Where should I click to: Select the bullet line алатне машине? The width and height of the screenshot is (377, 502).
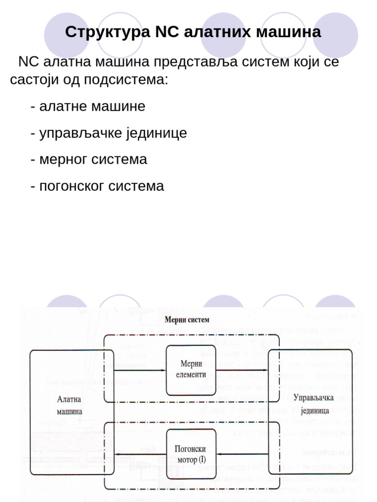(88, 106)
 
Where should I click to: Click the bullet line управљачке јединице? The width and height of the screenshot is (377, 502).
(108, 133)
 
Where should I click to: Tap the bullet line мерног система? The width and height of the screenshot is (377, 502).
(89, 159)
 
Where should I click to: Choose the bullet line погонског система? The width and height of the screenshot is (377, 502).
(97, 186)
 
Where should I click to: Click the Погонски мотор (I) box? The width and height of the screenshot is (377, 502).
(191, 453)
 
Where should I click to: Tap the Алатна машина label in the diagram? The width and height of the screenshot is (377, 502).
(69, 405)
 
